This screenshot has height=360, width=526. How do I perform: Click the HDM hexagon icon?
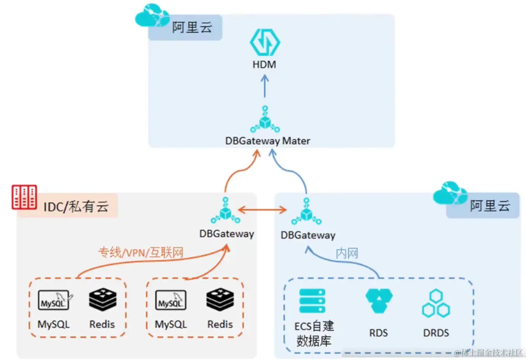pos(265,42)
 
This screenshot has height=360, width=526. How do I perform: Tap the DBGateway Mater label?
pos(267,141)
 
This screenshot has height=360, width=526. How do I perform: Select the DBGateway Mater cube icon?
pos(265,121)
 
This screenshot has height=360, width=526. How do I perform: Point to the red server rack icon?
pos(24,197)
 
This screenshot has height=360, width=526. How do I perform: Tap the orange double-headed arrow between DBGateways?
pos(263,211)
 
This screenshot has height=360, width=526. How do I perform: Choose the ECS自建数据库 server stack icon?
pos(312,300)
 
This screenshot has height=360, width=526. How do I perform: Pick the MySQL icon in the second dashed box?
pos(171,300)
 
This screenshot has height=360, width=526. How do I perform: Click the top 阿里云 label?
pos(192,28)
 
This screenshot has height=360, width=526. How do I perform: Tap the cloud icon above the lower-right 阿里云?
pos(451,194)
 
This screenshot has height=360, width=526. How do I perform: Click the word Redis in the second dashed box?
pos(220,324)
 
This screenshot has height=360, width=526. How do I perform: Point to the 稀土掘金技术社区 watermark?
pos(489,353)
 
